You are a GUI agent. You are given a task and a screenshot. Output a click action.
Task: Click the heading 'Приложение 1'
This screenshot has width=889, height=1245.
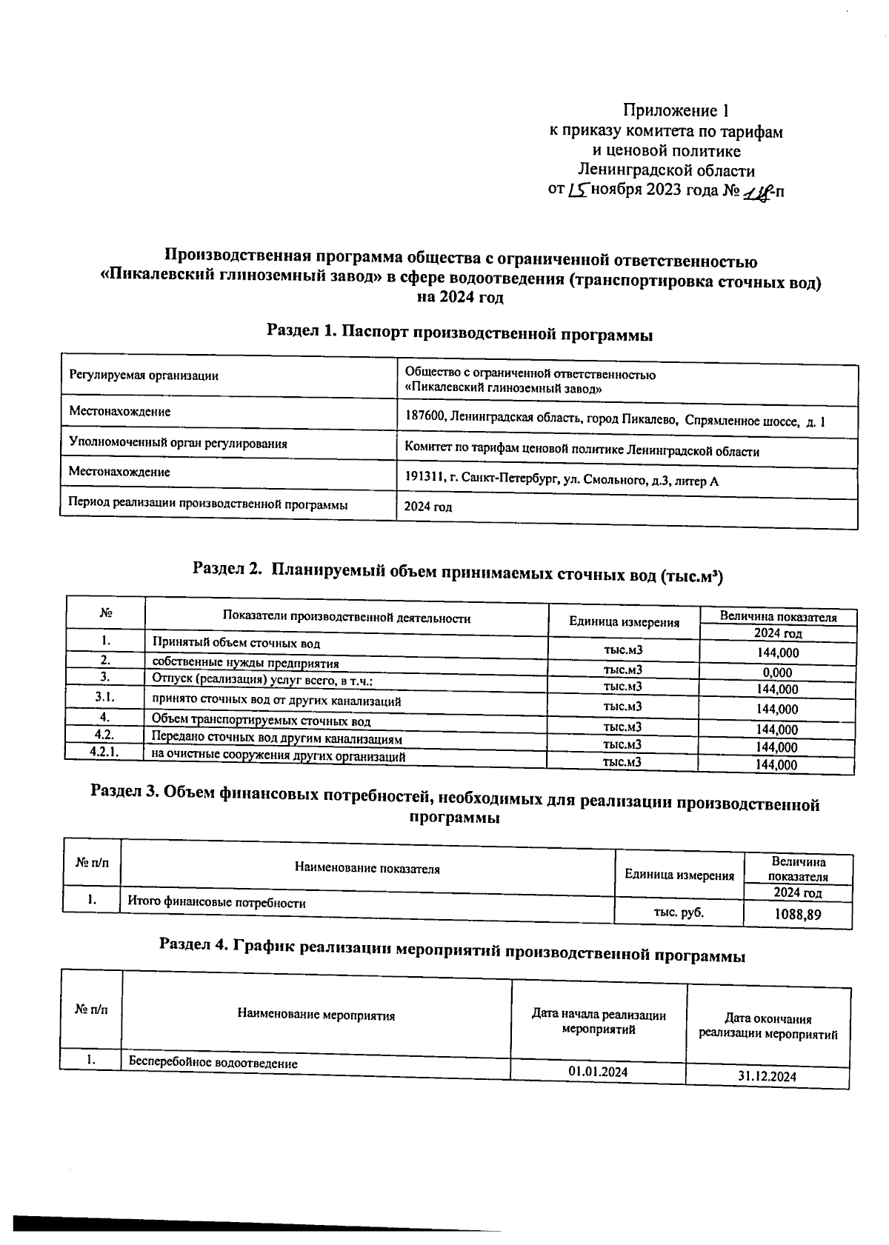point(676,111)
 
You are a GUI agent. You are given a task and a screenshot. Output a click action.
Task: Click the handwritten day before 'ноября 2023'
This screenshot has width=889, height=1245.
point(578,191)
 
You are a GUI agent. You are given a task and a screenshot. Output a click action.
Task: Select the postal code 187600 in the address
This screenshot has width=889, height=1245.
point(424,418)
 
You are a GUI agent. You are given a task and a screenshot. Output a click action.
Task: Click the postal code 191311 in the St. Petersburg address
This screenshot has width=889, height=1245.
point(423,479)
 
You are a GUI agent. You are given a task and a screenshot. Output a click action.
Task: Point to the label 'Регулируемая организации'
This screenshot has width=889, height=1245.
point(144,375)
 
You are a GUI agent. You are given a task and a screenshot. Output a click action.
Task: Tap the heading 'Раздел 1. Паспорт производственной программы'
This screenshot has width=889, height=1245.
point(459,333)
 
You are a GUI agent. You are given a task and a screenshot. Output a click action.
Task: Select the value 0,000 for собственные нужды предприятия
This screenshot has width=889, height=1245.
point(777,672)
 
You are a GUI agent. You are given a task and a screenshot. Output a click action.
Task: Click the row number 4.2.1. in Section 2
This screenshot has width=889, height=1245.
point(104,752)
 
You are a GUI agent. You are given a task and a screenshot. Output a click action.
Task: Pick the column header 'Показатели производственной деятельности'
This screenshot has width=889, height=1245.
point(347,618)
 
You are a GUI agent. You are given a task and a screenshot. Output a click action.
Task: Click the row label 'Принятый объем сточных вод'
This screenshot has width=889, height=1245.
point(236,644)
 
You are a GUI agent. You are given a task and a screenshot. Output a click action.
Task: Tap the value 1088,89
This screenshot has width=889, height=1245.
point(798,914)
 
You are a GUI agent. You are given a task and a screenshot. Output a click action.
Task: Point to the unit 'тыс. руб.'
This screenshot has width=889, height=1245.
point(678,912)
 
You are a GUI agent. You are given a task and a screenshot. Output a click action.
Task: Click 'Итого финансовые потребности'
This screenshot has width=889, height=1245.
point(217,903)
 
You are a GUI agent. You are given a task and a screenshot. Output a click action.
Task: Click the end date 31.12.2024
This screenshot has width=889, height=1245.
point(767,1076)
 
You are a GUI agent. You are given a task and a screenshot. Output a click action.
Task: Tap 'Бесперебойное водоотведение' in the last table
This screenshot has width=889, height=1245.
point(213,1063)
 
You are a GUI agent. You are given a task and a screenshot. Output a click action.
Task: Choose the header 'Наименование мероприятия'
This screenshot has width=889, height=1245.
point(316,1015)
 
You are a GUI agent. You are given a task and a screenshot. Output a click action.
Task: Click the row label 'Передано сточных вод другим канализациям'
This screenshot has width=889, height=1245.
point(277,738)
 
